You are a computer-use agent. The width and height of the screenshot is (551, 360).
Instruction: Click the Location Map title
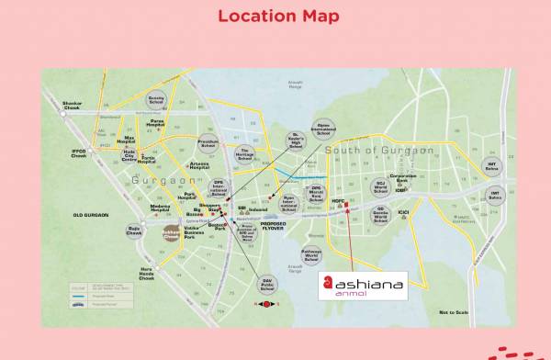click(x=276, y=16)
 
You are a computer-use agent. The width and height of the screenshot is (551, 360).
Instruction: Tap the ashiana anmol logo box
click(x=361, y=286)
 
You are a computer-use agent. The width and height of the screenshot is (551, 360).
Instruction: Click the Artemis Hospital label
click(x=198, y=166)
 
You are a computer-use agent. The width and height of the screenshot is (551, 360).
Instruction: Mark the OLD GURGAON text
click(x=91, y=215)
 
